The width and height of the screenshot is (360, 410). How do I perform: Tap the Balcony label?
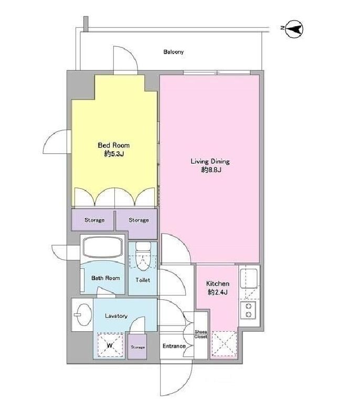[173, 52]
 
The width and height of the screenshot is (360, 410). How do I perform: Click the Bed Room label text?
[113, 145]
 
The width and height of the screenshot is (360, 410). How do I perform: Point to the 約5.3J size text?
[114, 154]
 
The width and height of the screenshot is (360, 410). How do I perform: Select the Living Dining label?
[210, 161]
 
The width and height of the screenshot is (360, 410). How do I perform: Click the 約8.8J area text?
[211, 170]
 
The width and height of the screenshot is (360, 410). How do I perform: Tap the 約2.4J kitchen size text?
[217, 292]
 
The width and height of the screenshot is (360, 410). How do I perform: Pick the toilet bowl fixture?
[143, 256]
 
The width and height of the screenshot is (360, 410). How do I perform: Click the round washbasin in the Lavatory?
[82, 314]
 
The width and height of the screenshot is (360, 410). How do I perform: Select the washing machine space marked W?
[110, 344]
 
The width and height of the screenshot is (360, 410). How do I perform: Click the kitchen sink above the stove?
[249, 278]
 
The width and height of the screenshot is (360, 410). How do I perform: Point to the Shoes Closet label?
[201, 334]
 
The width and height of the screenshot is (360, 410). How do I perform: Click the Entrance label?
[174, 346]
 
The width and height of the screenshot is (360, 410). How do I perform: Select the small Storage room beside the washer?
[137, 346]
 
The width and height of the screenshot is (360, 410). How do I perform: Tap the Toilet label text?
[143, 280]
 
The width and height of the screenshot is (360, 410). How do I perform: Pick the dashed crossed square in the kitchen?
[224, 344]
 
